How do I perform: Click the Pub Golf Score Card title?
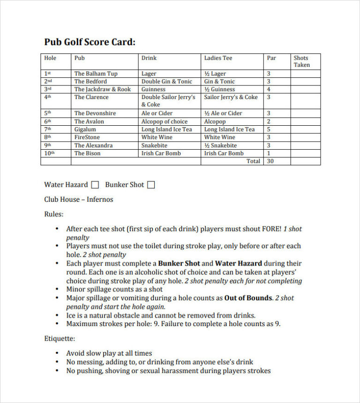click(90, 42)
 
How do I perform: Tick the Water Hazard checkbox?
click(95, 185)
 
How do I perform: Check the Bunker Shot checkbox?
click(151, 185)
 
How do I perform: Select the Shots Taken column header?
click(301, 61)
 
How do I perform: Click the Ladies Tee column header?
click(218, 58)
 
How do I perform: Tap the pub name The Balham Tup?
click(96, 74)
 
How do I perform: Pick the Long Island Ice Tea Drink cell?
click(166, 129)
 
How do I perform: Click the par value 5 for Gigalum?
click(269, 129)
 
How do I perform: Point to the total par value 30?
click(270, 161)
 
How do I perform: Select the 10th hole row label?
click(49, 153)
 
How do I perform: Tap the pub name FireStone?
click(87, 137)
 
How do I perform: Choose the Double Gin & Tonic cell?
click(166, 82)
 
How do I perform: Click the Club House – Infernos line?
click(78, 199)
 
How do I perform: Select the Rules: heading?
click(53, 214)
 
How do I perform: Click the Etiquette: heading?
click(60, 338)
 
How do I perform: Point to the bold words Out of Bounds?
click(248, 298)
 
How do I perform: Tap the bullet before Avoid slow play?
click(57, 353)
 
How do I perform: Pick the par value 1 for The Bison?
click(269, 153)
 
